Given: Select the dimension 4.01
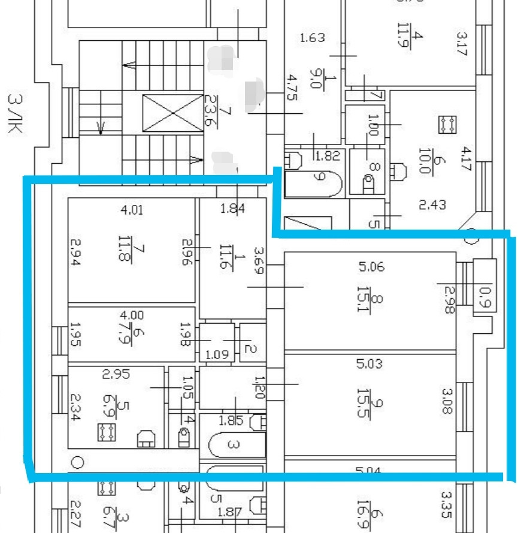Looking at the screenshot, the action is [x=132, y=210].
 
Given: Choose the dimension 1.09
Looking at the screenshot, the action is [x=217, y=354].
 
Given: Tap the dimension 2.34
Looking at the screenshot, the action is [x=75, y=407].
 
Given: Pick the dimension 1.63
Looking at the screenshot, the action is [x=312, y=38].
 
